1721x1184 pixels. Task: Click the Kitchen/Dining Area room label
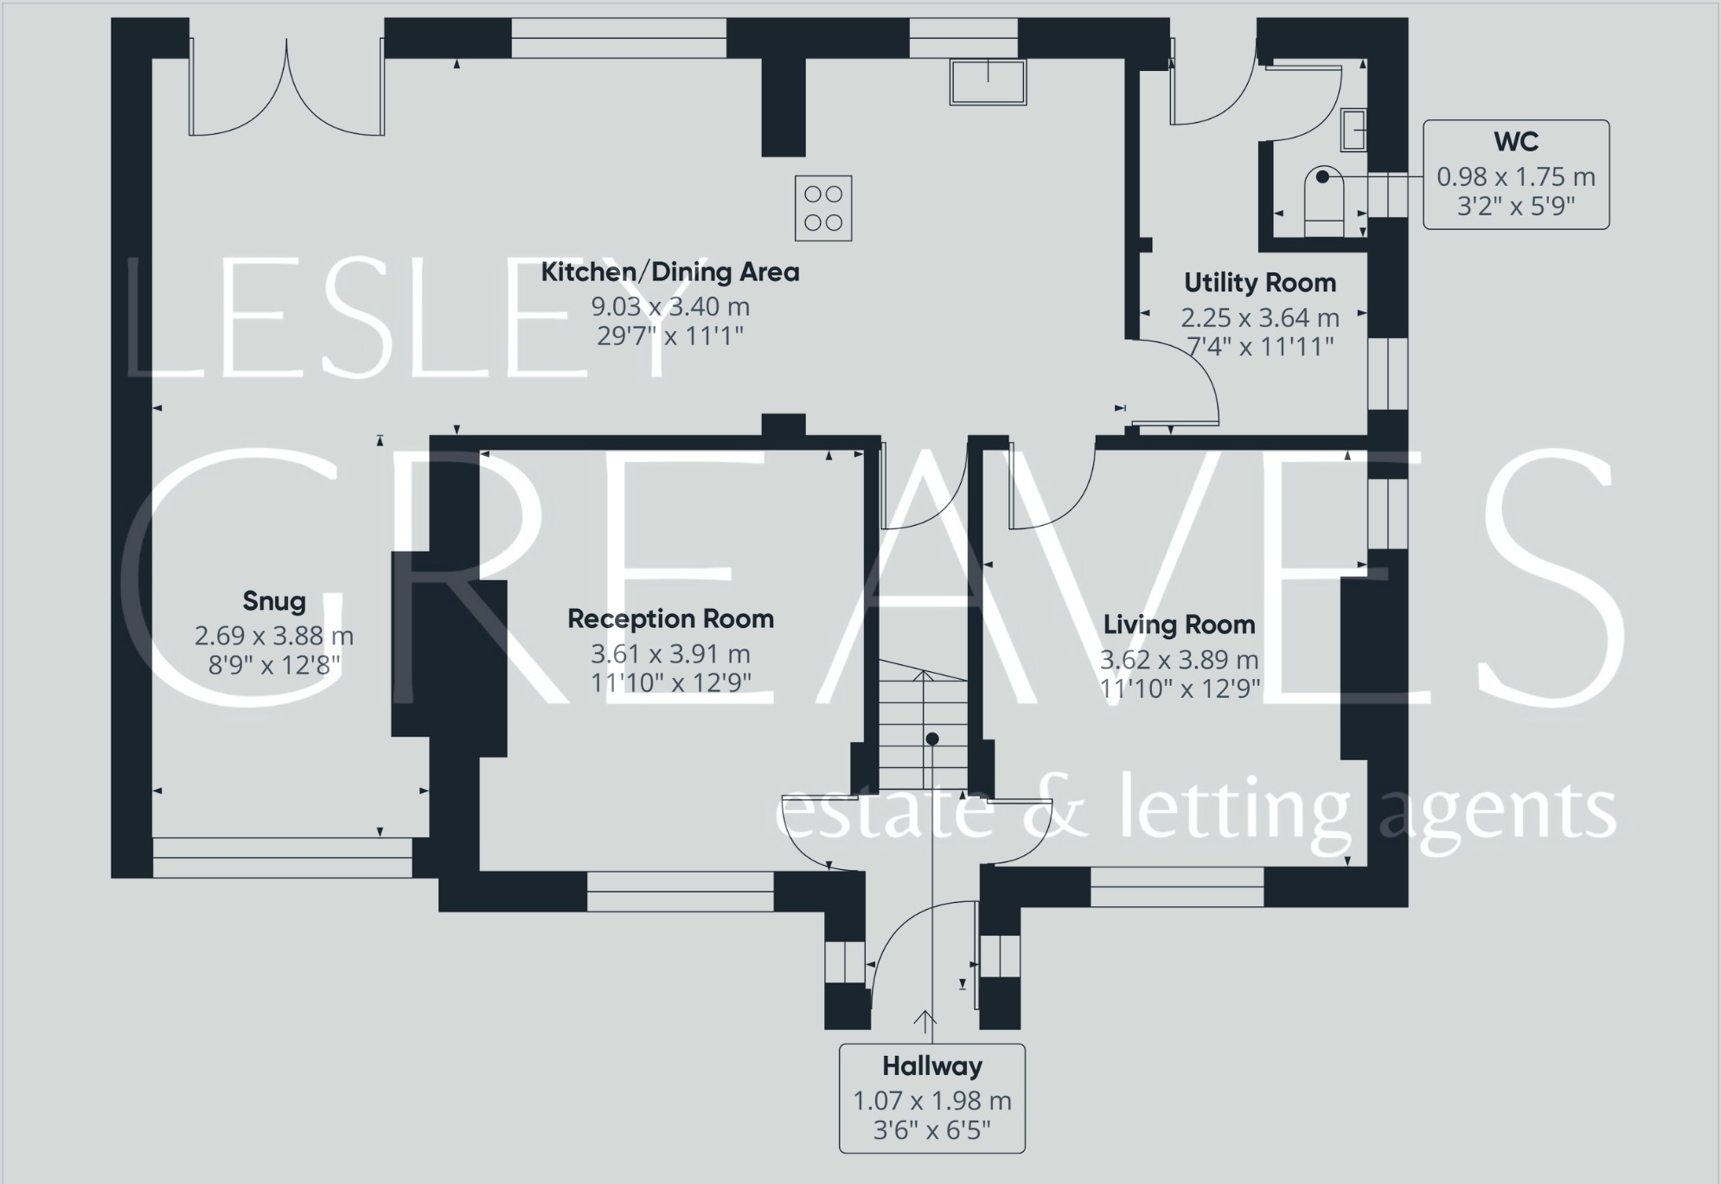(x=670, y=272)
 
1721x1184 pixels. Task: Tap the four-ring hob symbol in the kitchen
(x=823, y=208)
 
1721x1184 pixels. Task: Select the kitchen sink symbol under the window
(x=988, y=81)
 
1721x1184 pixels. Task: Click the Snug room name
(x=274, y=601)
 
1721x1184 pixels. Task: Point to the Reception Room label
(x=670, y=619)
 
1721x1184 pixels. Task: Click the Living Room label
(x=1179, y=624)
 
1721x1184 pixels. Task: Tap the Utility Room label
(x=1259, y=283)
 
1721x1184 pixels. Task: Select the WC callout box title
(x=1515, y=141)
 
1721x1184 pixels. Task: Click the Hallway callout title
(x=931, y=1066)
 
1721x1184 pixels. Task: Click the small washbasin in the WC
(x=1353, y=130)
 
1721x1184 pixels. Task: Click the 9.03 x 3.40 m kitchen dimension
(x=670, y=306)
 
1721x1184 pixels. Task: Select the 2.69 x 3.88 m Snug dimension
(x=274, y=636)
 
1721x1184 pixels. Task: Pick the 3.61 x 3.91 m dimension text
(x=670, y=654)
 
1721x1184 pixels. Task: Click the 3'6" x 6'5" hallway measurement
(x=931, y=1130)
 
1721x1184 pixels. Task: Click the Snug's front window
(x=283, y=857)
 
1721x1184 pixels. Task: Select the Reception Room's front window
(x=680, y=891)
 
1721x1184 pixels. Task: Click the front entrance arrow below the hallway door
(x=924, y=1021)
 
